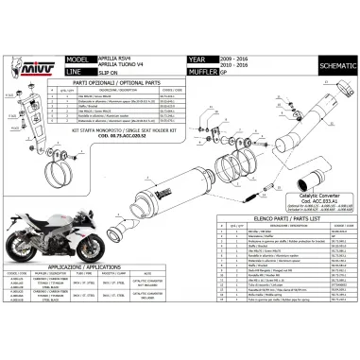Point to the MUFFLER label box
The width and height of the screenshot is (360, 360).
pos(207,68)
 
